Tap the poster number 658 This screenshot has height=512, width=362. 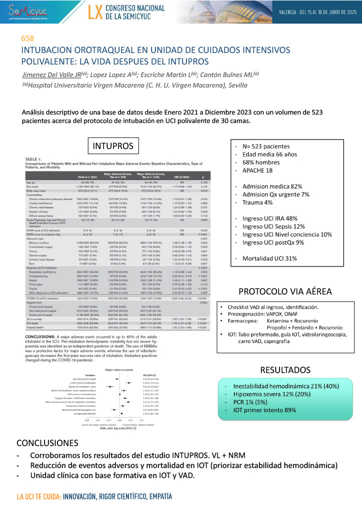coord(27,39)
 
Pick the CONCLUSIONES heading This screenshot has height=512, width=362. coord(47,443)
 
